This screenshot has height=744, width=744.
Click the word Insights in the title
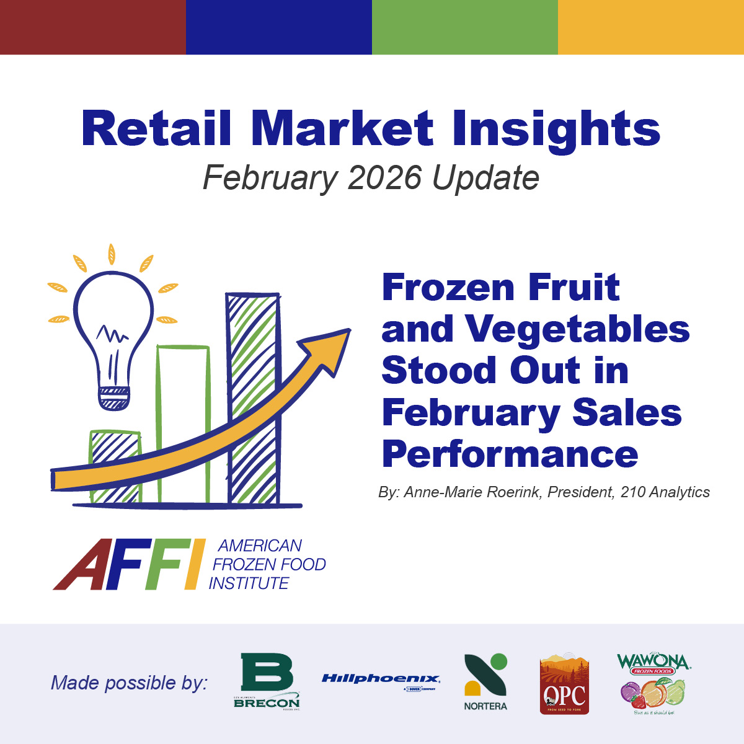tap(556, 130)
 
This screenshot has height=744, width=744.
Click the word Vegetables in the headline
tap(578, 329)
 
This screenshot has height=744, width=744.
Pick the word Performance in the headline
tap(510, 454)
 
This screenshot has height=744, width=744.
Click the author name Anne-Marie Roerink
tap(473, 492)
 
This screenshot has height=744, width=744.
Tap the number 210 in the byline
tap(632, 492)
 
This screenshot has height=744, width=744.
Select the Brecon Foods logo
tap(267, 681)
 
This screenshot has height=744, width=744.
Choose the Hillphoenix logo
tap(381, 680)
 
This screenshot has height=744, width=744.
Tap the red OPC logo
tap(564, 684)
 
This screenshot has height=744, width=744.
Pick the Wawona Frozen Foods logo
tap(653, 684)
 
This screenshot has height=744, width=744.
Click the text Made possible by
tap(129, 683)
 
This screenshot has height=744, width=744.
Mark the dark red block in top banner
tap(93, 27)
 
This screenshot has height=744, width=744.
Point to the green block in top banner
tap(465, 27)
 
